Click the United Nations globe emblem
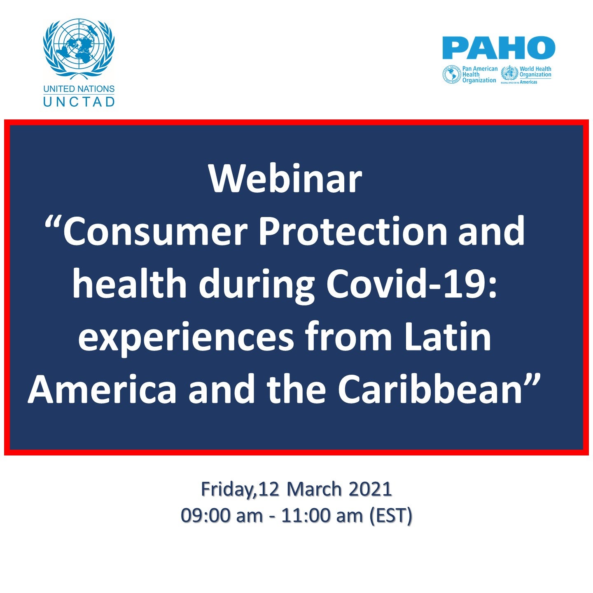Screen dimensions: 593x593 click(x=79, y=49)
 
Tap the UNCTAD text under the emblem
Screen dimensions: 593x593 click(x=79, y=102)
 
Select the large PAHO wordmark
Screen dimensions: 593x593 click(x=499, y=48)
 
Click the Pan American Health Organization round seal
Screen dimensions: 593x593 click(x=451, y=75)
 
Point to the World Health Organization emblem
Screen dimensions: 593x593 click(x=509, y=74)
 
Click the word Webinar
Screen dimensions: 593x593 click(x=285, y=179)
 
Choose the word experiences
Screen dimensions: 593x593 click(x=186, y=339)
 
